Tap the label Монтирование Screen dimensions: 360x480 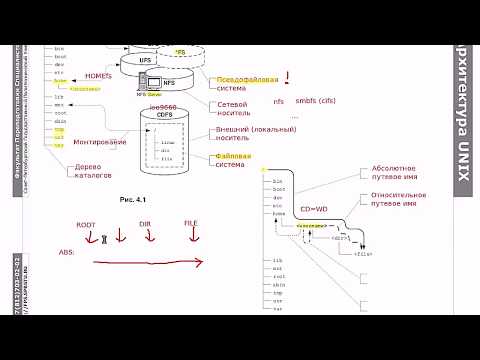coord(100,142)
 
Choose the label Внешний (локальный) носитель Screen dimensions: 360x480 coord(244,134)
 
